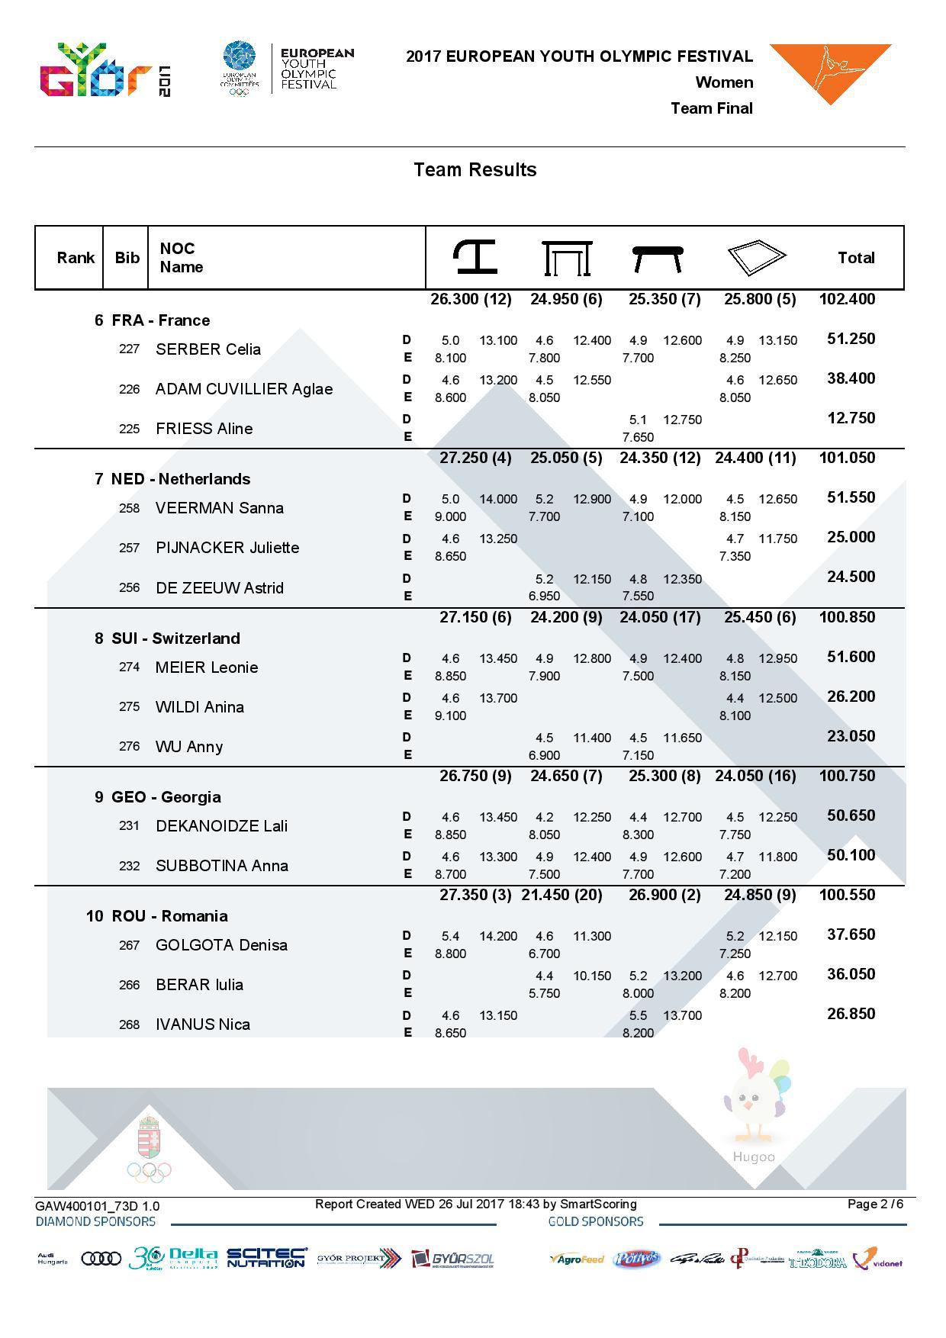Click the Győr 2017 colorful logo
pos(105,70)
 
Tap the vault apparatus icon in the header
pos(475,257)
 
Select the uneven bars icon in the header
pos(567,258)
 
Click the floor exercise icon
pos(755,258)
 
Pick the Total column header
pos(855,258)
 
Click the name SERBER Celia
pos(208,349)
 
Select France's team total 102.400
pos(847,299)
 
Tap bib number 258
pos(129,508)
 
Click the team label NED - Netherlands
pos(181,479)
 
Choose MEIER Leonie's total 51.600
pos(851,657)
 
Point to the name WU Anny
pos(189,747)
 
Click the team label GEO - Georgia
pos(166,797)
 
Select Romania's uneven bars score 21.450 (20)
pos(561,895)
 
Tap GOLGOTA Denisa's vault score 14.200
pos(497,936)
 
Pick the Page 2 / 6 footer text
pos(875,1204)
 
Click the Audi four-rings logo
pos(101,1258)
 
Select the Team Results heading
pos(475,169)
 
